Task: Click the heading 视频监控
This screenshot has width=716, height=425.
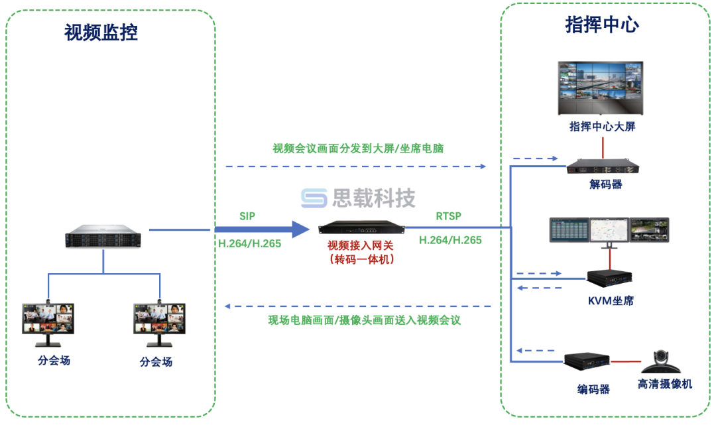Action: pos(101,32)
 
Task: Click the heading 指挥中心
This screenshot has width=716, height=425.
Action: pos(601,25)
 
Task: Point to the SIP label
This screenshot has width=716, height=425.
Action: pos(247,216)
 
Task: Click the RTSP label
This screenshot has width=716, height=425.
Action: pos(448,216)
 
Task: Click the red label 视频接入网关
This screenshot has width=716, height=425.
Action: pos(361,245)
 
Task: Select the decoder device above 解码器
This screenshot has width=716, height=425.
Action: pos(605,166)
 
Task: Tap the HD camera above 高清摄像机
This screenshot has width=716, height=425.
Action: pos(664,361)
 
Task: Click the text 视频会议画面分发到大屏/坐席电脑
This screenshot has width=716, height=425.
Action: pos(357,149)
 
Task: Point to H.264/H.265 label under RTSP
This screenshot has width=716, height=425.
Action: pos(450,241)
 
